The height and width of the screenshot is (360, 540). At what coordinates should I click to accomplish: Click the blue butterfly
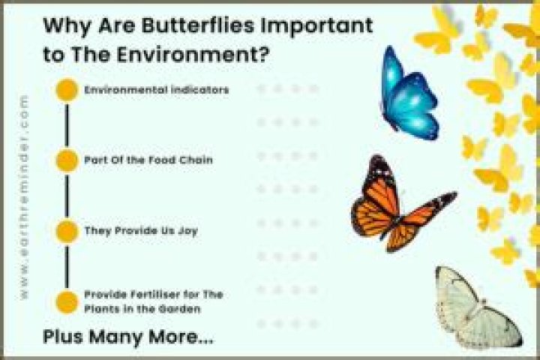click(x=409, y=94)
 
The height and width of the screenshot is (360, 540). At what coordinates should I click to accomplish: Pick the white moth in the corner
click(x=477, y=307)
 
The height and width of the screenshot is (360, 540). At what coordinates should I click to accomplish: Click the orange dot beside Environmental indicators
click(x=67, y=90)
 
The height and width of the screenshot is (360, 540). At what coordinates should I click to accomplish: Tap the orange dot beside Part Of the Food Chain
click(x=67, y=160)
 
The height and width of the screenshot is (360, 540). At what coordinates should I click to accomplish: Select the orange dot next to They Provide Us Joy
click(x=67, y=231)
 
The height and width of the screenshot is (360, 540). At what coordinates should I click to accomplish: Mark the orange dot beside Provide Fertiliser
click(x=67, y=302)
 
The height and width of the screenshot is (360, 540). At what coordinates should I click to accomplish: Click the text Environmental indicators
click(x=157, y=90)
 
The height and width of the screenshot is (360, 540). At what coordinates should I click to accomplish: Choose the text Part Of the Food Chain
click(x=148, y=160)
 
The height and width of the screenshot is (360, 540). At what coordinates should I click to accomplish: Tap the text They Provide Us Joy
click(x=141, y=231)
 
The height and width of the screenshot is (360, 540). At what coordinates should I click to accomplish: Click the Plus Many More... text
click(x=128, y=337)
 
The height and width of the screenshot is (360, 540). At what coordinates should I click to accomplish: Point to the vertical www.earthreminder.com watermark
click(x=23, y=197)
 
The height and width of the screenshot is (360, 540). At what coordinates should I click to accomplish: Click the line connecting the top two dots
click(x=67, y=125)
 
